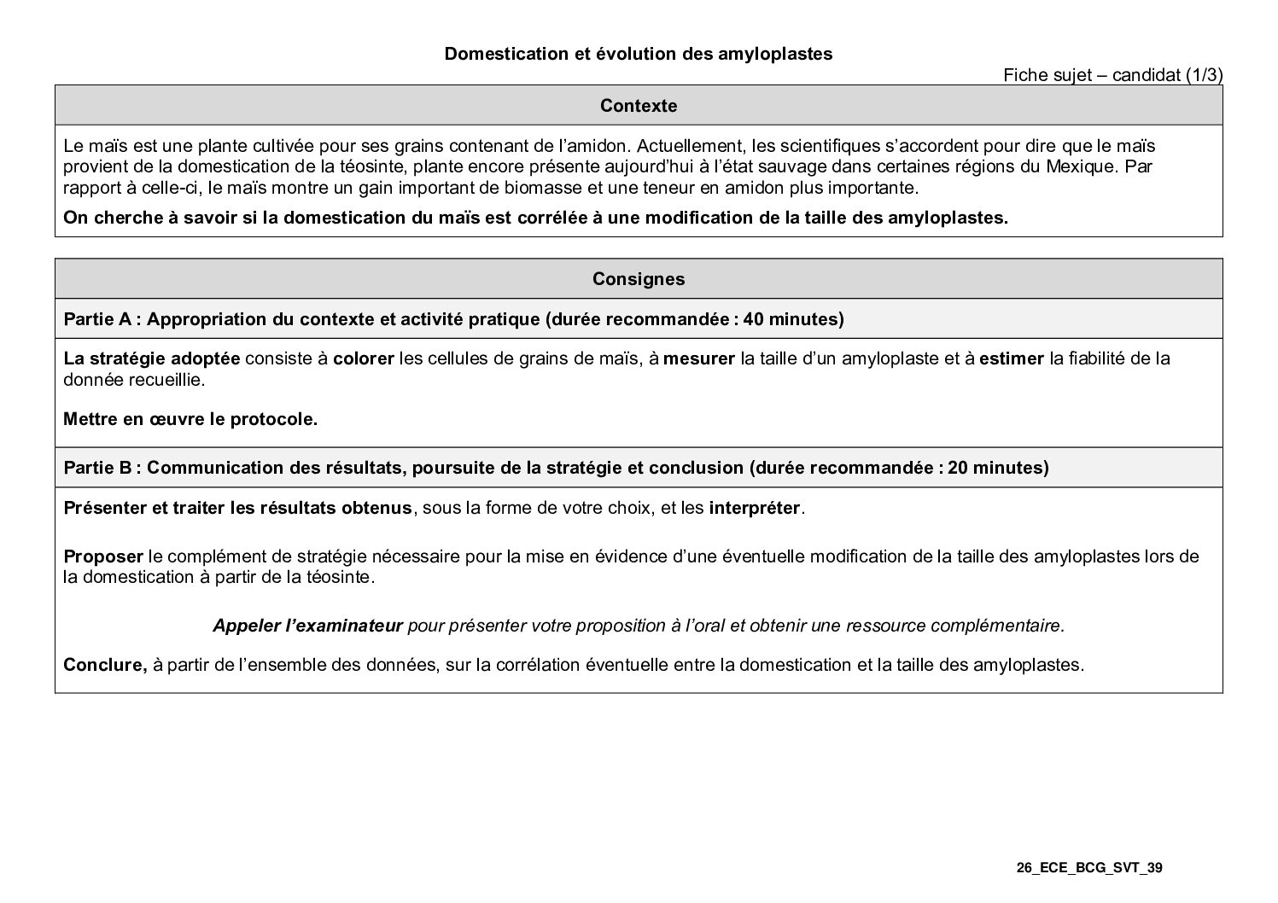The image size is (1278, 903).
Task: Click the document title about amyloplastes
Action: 638,54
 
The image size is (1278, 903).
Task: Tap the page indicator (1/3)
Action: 1204,75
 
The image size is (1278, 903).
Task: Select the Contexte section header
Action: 638,106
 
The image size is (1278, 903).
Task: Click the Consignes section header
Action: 638,279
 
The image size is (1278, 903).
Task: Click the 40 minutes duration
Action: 790,319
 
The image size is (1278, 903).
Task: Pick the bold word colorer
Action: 363,358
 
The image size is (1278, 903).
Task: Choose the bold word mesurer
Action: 698,358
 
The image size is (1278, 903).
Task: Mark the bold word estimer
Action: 1011,358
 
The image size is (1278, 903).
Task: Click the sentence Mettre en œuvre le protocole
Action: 190,419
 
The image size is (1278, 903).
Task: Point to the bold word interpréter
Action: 755,509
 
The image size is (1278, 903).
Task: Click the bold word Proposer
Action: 103,556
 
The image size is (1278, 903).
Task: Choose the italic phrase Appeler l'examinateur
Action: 307,626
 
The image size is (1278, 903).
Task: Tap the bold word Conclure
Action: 105,665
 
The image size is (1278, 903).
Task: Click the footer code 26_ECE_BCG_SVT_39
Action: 1089,868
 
